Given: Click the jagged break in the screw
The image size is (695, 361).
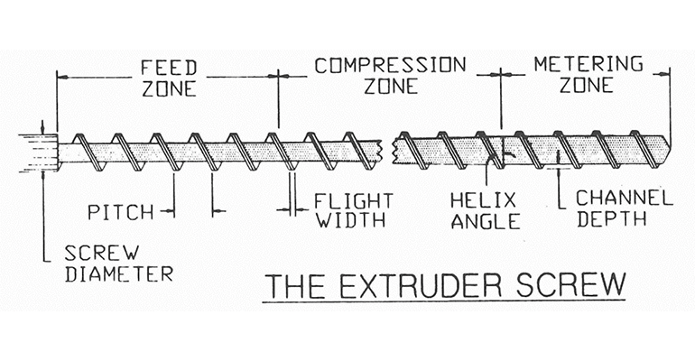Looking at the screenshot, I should pos(391,150).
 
